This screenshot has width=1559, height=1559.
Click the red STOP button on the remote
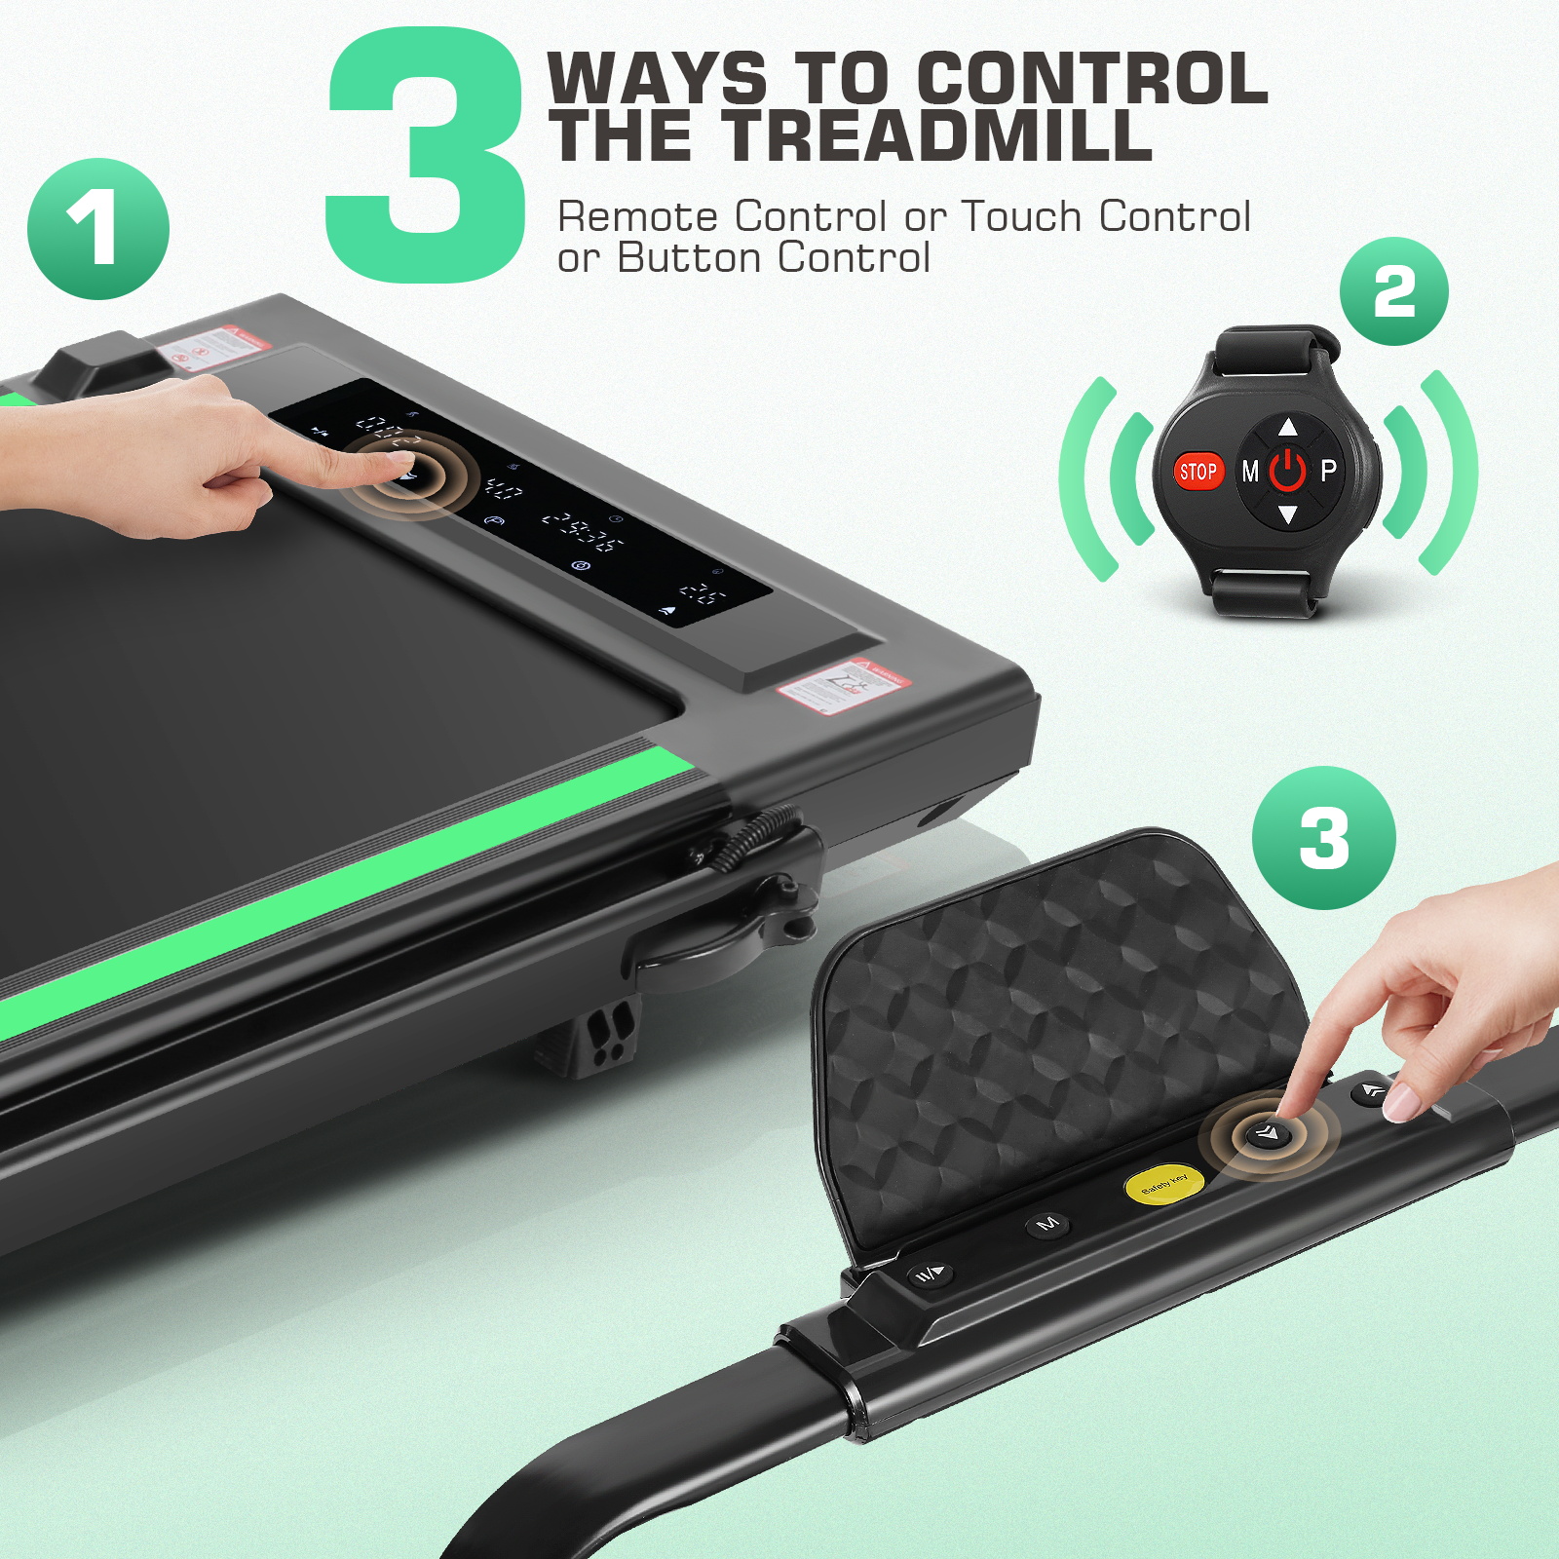1198,473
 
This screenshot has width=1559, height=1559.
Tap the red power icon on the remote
1287,471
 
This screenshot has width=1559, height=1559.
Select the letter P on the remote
1328,472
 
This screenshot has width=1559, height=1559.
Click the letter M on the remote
1250,473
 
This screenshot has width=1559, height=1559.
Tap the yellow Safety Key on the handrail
1164,1184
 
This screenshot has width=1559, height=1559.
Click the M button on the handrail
1048,1223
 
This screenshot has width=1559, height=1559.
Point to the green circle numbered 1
98,229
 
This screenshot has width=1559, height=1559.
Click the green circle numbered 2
1393,291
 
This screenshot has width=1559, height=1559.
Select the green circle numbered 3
1323,838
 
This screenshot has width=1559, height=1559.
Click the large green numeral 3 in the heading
425,156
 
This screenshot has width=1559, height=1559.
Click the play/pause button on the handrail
930,1274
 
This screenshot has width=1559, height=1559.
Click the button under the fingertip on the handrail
1268,1133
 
